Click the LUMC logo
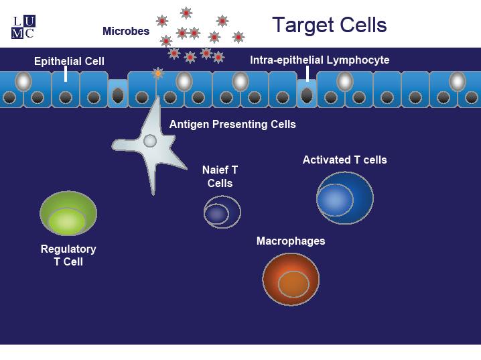[23, 27]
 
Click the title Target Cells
[330, 25]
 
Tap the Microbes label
[126, 31]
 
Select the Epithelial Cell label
[69, 61]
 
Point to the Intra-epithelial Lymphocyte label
[320, 60]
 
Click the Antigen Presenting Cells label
[232, 124]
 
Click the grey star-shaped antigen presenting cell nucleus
[150, 141]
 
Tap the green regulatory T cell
[68, 213]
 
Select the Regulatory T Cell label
[68, 255]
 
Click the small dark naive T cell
[222, 212]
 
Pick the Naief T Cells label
[220, 176]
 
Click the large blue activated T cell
[345, 198]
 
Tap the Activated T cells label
[345, 160]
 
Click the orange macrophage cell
[291, 280]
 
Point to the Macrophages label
[291, 241]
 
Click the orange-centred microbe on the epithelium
[158, 73]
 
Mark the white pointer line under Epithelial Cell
[66, 74]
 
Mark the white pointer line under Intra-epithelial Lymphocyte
[307, 74]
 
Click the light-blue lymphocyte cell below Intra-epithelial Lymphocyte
[306, 93]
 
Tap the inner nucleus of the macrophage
[293, 284]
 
